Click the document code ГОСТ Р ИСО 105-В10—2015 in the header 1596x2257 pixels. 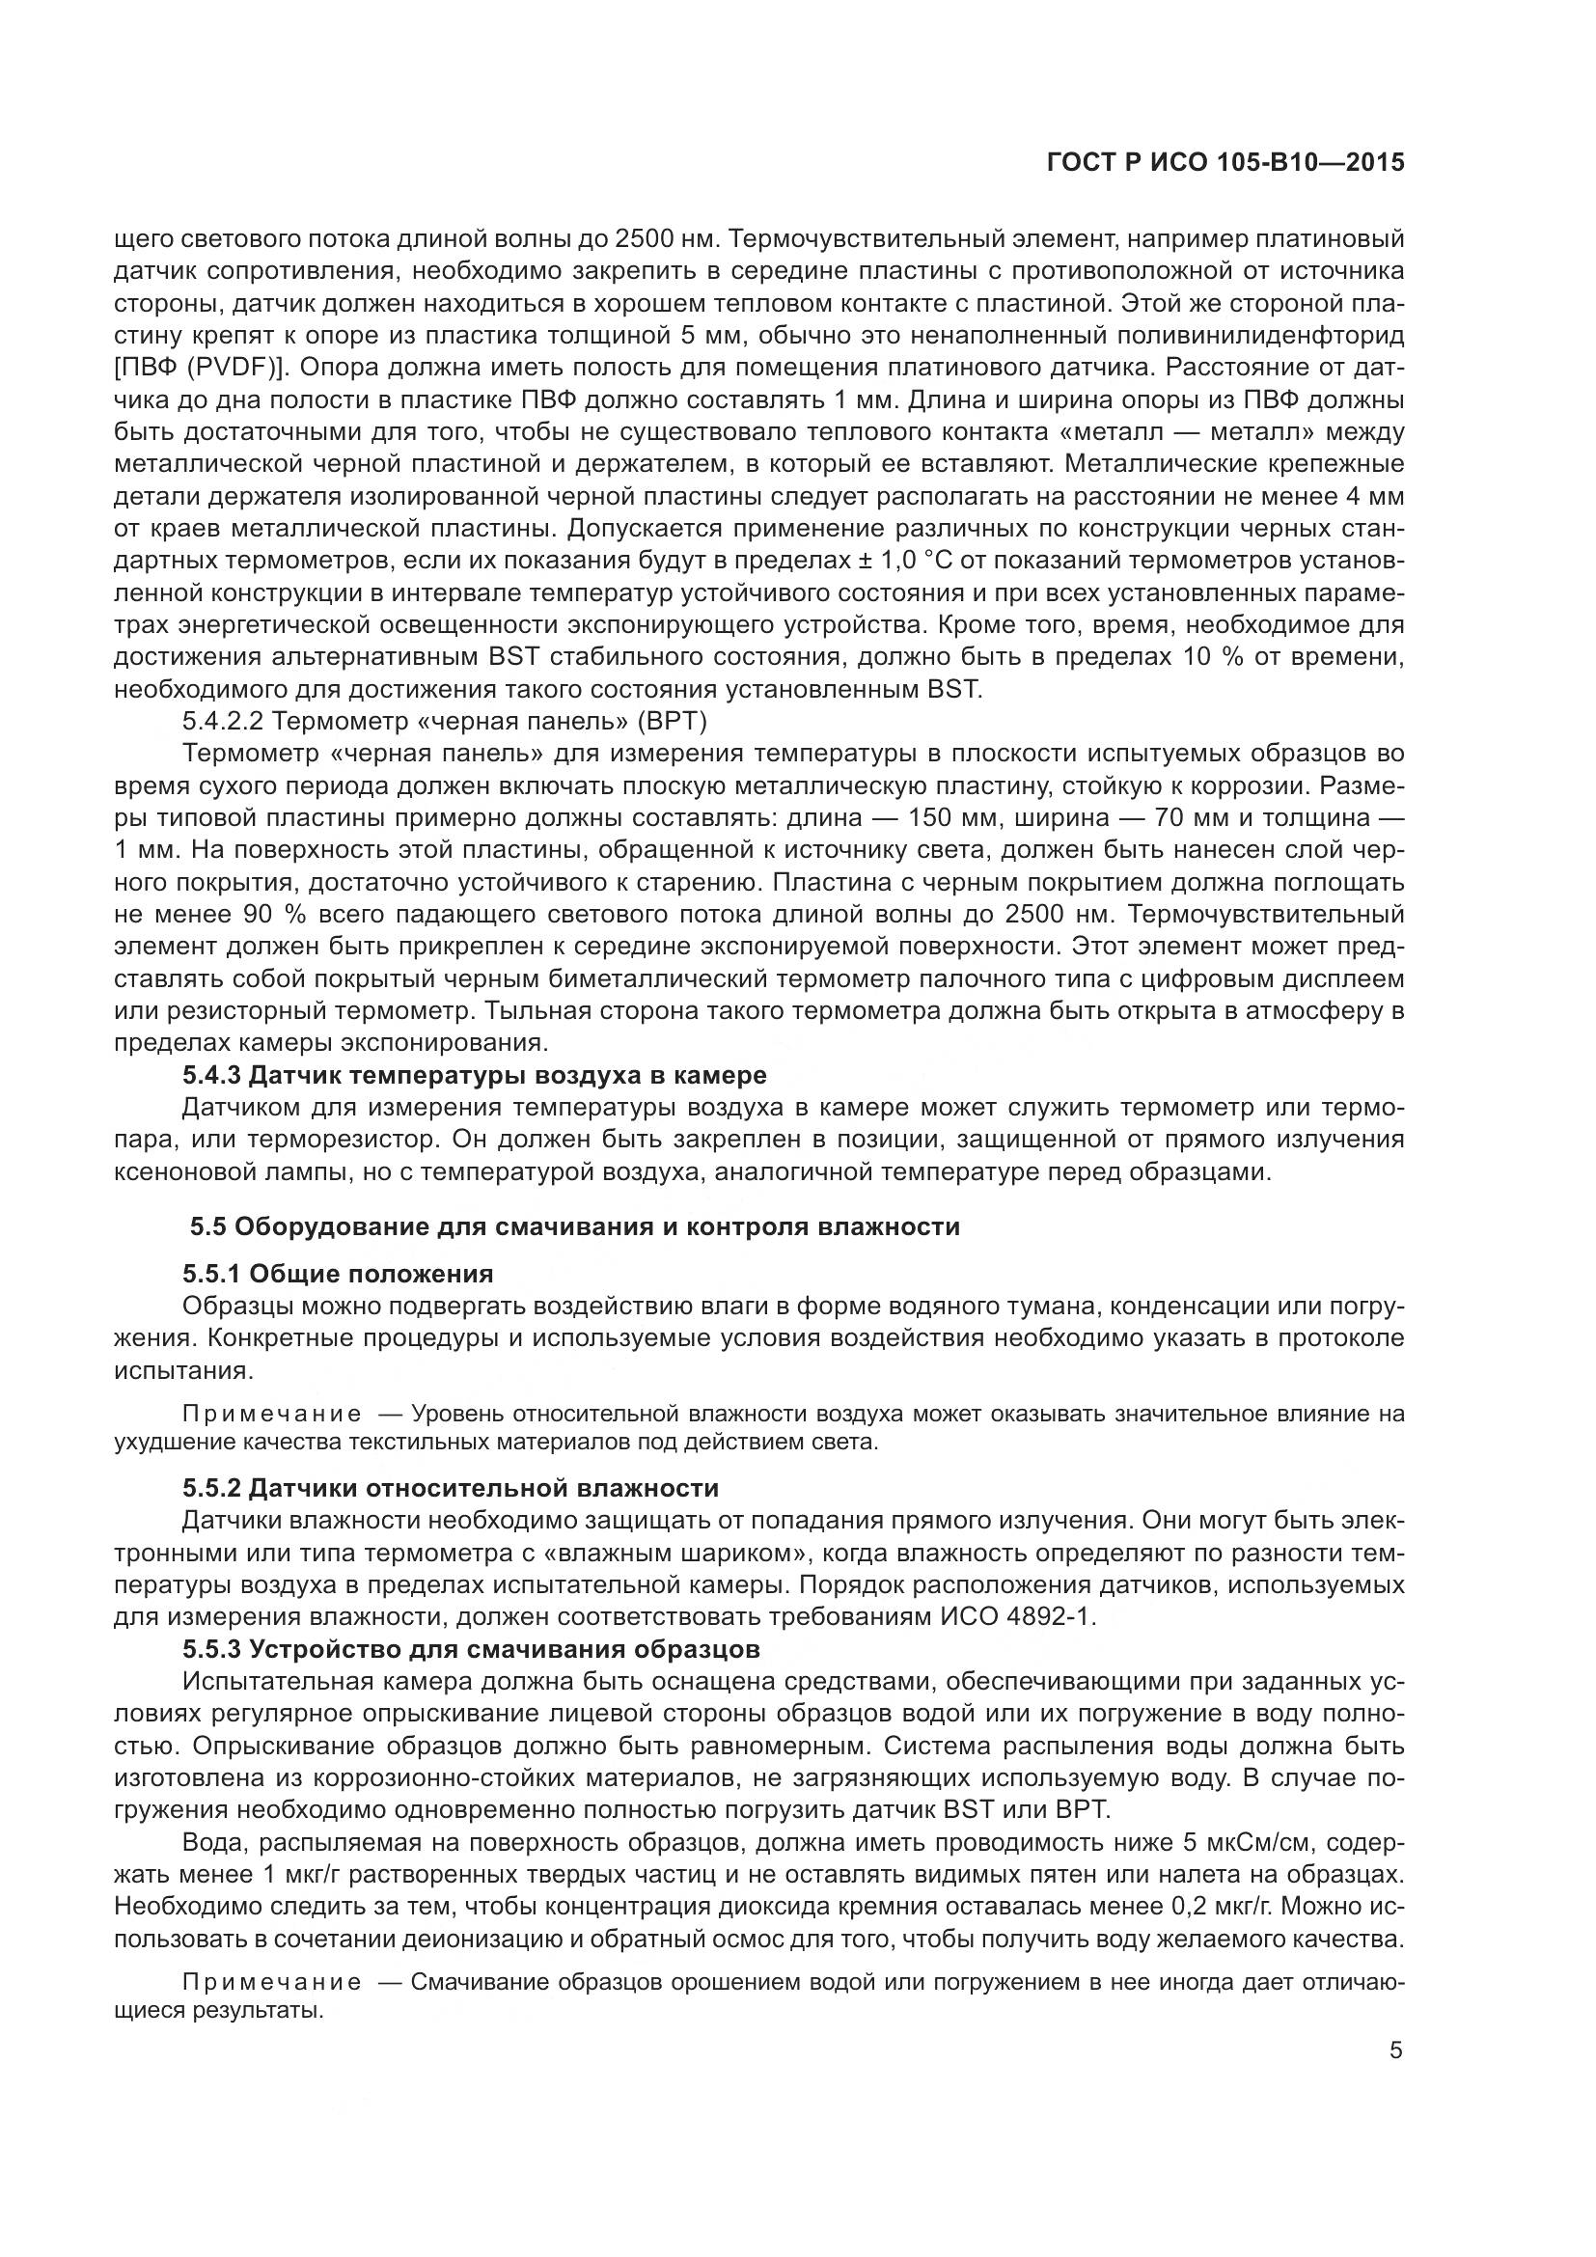[x=1225, y=163]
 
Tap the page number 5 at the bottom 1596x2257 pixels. [x=1395, y=2051]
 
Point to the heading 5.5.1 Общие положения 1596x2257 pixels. [x=337, y=1274]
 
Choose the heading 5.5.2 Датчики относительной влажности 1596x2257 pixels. [x=450, y=1487]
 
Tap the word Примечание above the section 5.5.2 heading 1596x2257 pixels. [x=271, y=1415]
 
